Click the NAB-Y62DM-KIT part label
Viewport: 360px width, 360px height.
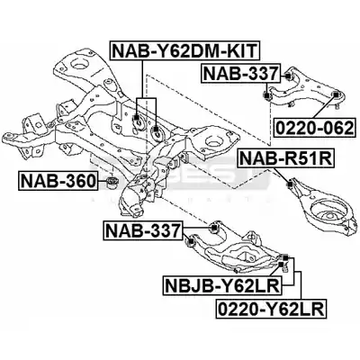(x=184, y=50)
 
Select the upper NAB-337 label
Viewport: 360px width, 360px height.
(x=240, y=73)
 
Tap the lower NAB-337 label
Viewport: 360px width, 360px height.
(x=143, y=230)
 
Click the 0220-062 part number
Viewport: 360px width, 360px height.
(x=315, y=128)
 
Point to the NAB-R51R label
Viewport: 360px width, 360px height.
(x=285, y=158)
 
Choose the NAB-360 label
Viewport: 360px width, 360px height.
(x=58, y=181)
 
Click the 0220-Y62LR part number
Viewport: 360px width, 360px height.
(x=271, y=309)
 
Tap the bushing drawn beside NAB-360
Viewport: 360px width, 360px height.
(x=113, y=182)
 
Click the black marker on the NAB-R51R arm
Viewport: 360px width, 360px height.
(x=290, y=184)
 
